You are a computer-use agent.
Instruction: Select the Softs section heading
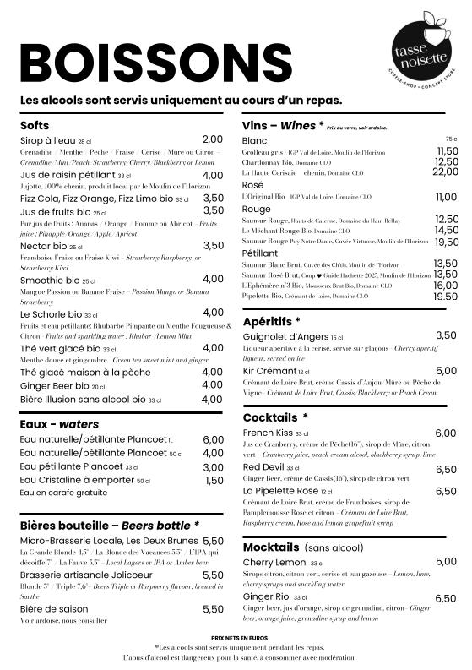pyautogui.click(x=35, y=125)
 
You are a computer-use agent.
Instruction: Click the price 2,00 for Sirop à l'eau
pyautogui.click(x=213, y=139)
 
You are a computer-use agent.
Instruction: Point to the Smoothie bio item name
pyautogui.click(x=50, y=280)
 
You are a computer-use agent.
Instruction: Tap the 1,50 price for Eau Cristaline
pyautogui.click(x=214, y=481)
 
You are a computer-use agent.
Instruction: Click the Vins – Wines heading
pyautogui.click(x=278, y=126)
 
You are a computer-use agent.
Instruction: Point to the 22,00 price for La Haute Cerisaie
pyautogui.click(x=446, y=172)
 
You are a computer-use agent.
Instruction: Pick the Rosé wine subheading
pyautogui.click(x=252, y=185)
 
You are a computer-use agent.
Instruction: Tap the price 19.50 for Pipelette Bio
pyautogui.click(x=446, y=297)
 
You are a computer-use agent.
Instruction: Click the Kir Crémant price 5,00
pyautogui.click(x=446, y=371)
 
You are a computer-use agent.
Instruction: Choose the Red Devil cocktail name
pyautogui.click(x=263, y=467)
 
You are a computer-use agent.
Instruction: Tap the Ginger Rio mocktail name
pyautogui.click(x=267, y=597)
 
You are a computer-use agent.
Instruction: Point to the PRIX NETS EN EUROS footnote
pyautogui.click(x=236, y=636)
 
